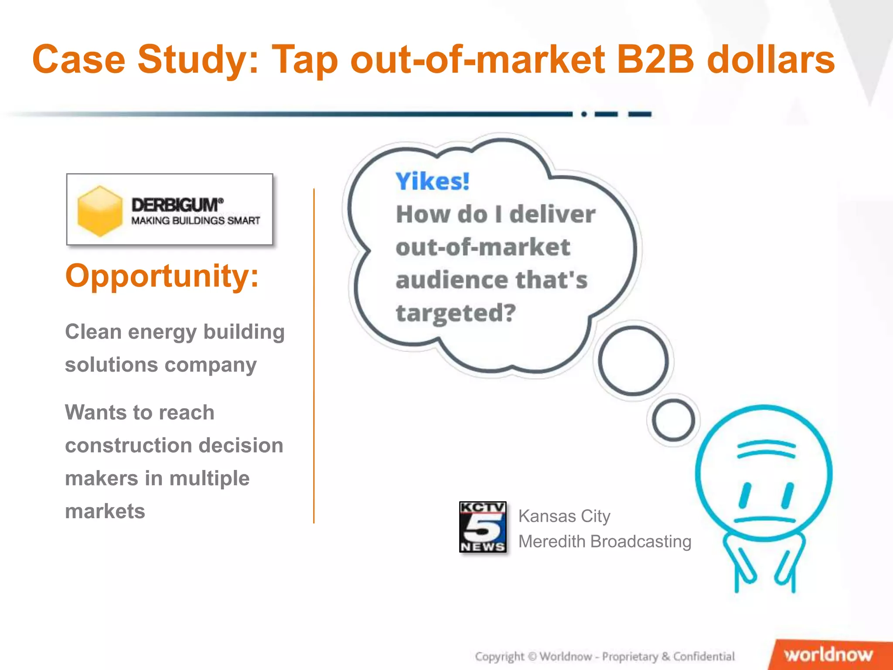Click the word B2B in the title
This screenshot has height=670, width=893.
pos(655,60)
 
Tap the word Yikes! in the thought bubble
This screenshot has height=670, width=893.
pos(432,181)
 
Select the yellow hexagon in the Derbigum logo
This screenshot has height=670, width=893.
pos(100,211)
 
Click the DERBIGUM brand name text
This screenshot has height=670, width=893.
pos(177,205)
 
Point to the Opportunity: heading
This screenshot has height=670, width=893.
pos(162,276)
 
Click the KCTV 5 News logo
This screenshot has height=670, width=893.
pos(483,527)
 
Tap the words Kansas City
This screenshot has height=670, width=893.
pos(564,516)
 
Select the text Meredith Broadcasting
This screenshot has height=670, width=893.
pos(604,541)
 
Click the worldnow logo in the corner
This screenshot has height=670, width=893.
pos(828,655)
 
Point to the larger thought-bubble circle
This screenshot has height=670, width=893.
pos(633,361)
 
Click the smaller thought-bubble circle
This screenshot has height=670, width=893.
pos(673,420)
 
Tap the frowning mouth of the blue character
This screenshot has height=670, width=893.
pos(765,520)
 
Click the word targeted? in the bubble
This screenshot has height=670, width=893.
pos(456,313)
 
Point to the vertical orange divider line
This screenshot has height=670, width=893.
pos(314,356)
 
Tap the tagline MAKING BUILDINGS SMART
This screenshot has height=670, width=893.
pos(196,221)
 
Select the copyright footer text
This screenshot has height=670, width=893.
pos(604,656)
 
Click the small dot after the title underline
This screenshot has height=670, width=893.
pos(584,114)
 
